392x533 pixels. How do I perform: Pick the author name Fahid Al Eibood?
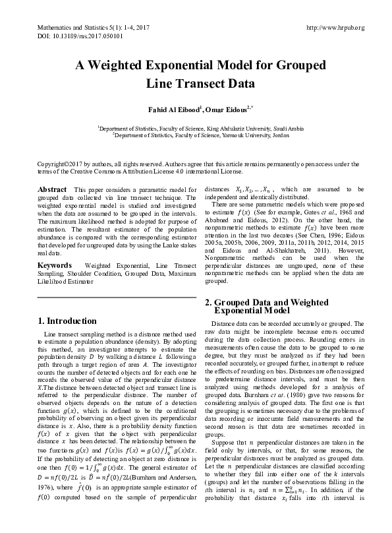coord(168,108)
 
